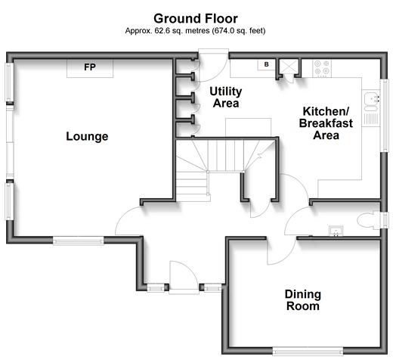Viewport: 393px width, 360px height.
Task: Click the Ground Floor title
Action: (x=196, y=19)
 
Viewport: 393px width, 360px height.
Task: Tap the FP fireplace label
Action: (x=90, y=67)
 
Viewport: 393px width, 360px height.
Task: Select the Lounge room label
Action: (x=87, y=136)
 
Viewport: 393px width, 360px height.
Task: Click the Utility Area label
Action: (x=226, y=98)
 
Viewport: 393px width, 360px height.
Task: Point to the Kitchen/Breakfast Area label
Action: (x=326, y=123)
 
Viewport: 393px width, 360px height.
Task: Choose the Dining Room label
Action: (x=303, y=300)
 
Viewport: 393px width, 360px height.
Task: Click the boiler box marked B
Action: (x=266, y=64)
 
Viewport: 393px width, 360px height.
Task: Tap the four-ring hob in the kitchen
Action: (x=322, y=68)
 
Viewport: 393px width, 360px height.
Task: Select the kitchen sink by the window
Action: (x=371, y=101)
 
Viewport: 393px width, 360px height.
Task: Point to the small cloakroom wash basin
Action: (x=336, y=231)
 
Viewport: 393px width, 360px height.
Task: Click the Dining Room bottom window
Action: (x=308, y=351)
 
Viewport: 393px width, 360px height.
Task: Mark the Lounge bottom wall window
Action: (x=79, y=241)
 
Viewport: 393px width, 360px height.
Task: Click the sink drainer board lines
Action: (x=371, y=119)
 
